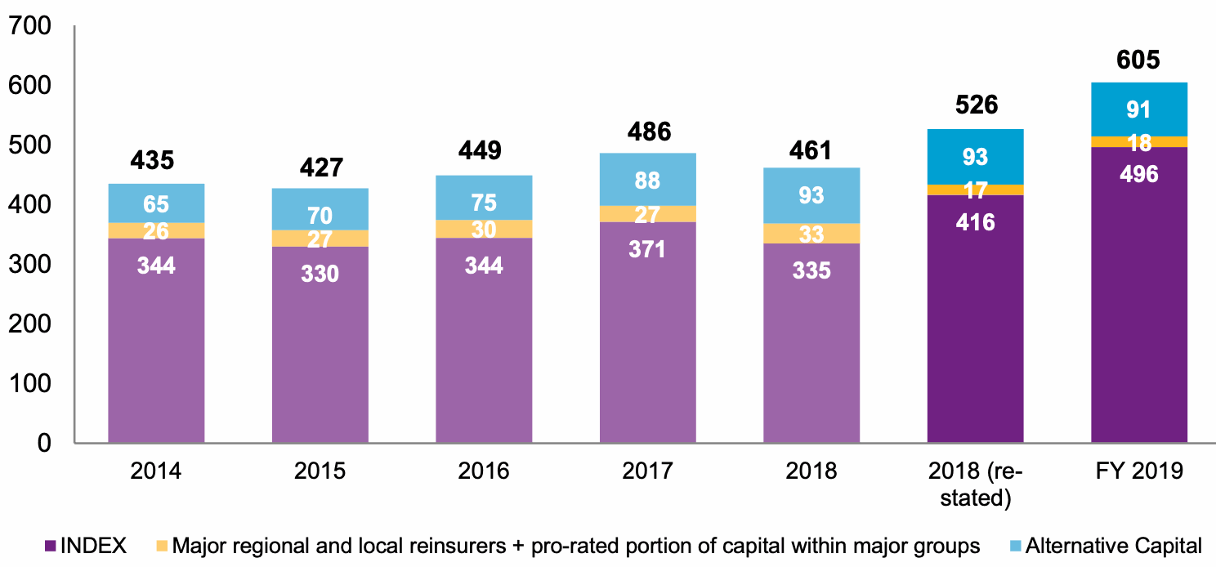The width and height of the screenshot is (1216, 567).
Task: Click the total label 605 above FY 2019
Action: click(x=1138, y=60)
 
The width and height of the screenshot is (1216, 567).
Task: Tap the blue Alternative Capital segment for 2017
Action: click(x=647, y=179)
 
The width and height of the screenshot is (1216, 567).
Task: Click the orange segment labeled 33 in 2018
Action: click(x=811, y=234)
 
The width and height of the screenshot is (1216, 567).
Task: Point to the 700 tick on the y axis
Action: click(x=33, y=27)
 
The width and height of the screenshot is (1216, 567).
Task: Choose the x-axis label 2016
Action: click(x=484, y=471)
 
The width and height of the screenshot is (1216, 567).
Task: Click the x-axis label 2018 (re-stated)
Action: click(x=975, y=484)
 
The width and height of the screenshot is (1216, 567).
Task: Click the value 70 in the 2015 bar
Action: click(x=320, y=217)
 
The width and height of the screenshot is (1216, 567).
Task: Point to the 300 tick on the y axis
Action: click(x=33, y=265)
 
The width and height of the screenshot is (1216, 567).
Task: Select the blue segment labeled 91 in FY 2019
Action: click(x=1138, y=109)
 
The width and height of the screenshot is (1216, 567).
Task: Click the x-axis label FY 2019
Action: click(x=1138, y=471)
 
